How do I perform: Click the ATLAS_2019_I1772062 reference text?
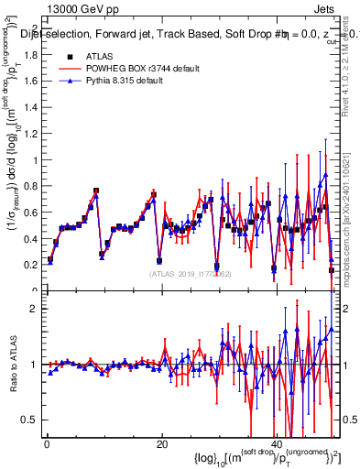pyautogui.click(x=190, y=274)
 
